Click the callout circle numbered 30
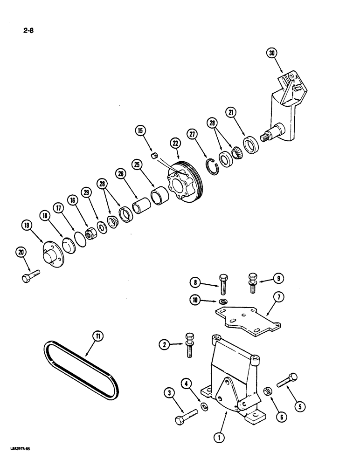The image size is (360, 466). point(272,53)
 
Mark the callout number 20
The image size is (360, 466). point(21,253)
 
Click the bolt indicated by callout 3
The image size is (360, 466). point(185,416)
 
